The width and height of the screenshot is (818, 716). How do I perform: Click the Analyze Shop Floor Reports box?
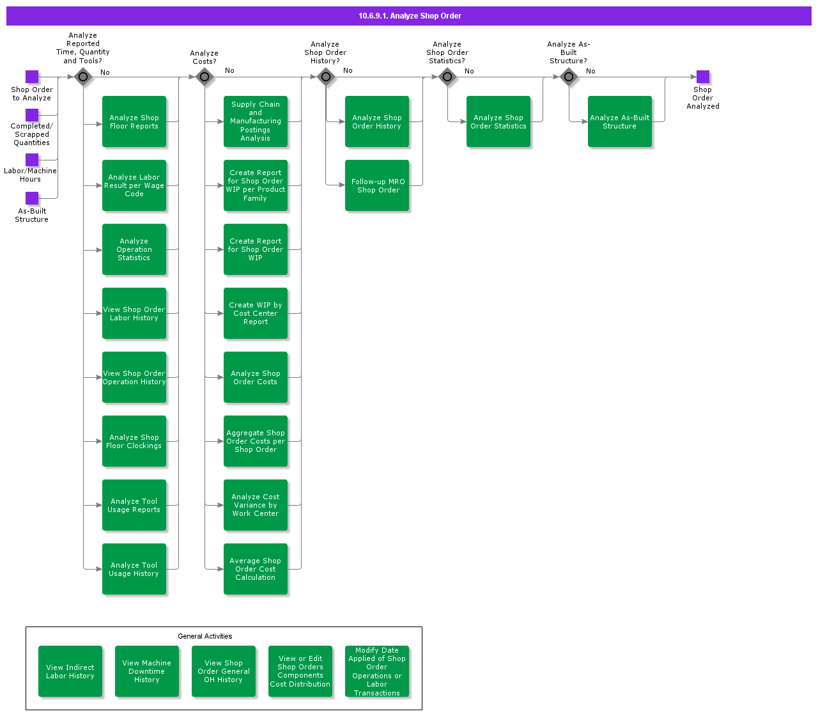(134, 121)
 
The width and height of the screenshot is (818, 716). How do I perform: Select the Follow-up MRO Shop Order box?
(377, 185)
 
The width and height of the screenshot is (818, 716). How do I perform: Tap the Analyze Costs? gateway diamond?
(204, 77)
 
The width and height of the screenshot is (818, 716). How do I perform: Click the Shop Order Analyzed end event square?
(703, 77)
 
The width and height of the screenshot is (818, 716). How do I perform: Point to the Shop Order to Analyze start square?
(32, 77)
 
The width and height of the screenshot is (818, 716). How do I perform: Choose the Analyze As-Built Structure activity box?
(620, 121)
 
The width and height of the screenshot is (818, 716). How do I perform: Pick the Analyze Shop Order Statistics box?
(498, 121)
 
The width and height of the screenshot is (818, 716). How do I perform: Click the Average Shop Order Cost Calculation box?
(256, 569)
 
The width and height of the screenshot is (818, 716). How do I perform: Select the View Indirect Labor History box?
(70, 671)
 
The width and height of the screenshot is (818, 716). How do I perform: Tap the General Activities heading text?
(205, 636)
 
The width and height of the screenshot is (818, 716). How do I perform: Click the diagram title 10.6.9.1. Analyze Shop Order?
(410, 16)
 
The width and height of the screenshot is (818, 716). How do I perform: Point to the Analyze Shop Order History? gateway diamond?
(326, 77)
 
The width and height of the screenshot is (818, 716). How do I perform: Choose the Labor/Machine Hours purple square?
(32, 160)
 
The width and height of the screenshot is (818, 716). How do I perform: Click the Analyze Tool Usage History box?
(134, 569)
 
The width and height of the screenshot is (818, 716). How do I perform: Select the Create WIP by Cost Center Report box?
(256, 313)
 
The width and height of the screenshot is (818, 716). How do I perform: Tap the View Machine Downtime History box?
(147, 671)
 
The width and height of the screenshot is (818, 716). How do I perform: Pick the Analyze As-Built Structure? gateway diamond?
(569, 77)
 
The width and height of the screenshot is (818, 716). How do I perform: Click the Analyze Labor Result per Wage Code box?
(134, 185)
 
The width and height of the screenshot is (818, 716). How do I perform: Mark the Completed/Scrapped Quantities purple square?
(32, 115)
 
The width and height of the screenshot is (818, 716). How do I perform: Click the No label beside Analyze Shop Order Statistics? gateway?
(469, 71)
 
